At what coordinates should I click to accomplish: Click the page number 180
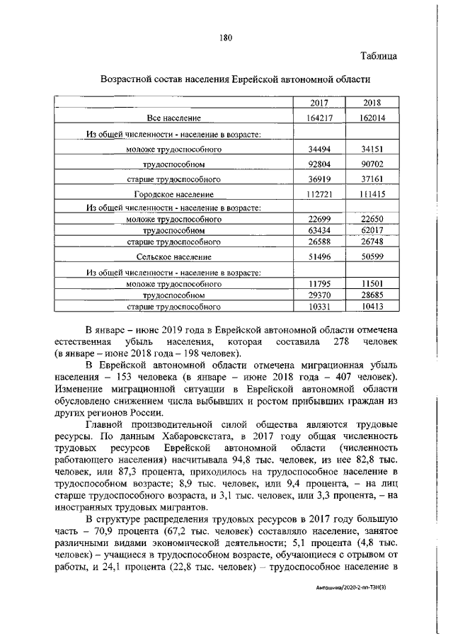(x=226, y=37)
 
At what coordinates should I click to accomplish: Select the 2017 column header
(x=320, y=103)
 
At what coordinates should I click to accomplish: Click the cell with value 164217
(x=320, y=118)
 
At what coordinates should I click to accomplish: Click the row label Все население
(x=175, y=118)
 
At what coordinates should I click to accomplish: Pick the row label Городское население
(x=175, y=193)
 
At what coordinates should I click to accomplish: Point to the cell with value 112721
(x=320, y=193)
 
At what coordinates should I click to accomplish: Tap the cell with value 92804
(x=320, y=164)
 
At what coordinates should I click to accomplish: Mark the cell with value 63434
(x=320, y=231)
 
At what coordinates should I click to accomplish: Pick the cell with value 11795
(x=320, y=283)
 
